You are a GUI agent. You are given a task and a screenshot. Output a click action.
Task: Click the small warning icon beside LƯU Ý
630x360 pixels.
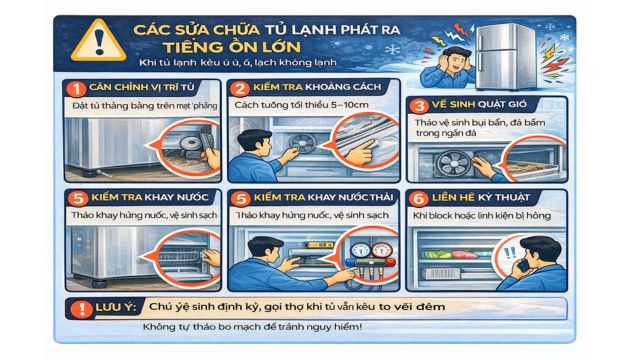(x=72, y=307)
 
